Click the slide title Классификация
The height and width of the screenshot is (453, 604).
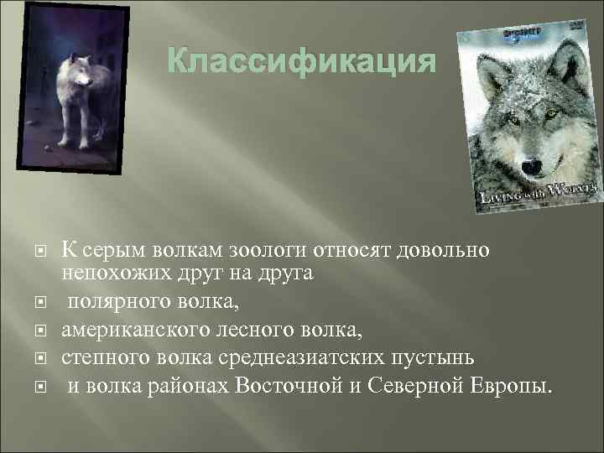(303, 62)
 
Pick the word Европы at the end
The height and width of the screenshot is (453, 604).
(513, 387)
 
